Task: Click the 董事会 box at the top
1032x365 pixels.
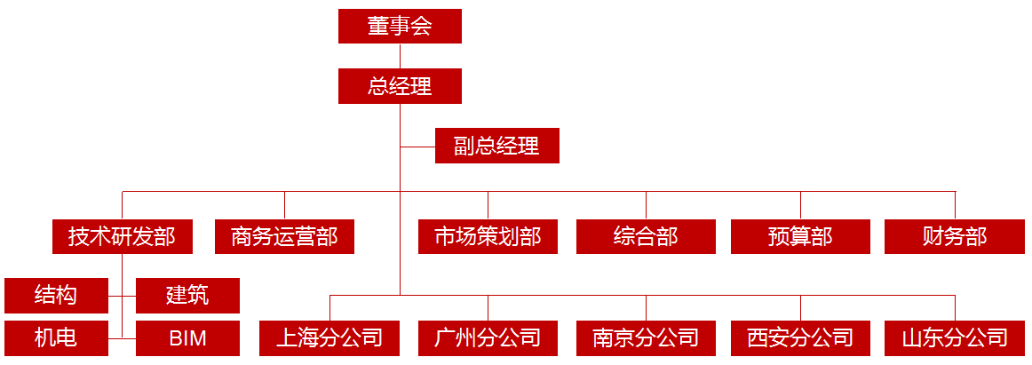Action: point(400,26)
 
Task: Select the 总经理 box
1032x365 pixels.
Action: point(400,87)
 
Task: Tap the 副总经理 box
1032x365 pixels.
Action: point(496,146)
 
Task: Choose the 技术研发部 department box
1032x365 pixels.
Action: point(122,236)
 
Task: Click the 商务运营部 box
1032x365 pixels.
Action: point(284,236)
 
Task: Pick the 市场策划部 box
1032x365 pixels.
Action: point(488,236)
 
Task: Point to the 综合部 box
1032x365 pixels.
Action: point(646,236)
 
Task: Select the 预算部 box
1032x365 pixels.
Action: point(800,236)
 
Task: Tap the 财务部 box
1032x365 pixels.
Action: point(955,236)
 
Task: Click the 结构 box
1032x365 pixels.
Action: point(56,295)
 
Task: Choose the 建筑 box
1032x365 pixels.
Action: point(187,295)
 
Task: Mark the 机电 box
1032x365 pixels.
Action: point(56,338)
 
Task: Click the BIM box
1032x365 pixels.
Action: point(187,338)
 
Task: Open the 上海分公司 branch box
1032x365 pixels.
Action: point(329,338)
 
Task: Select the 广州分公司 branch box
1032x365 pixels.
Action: point(488,338)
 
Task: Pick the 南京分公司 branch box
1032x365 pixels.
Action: point(646,338)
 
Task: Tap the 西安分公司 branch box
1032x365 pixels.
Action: point(800,338)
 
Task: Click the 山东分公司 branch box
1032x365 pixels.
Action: point(955,338)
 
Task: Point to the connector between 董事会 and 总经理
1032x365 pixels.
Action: point(400,56)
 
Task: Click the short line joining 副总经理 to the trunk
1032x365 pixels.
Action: point(417,146)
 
